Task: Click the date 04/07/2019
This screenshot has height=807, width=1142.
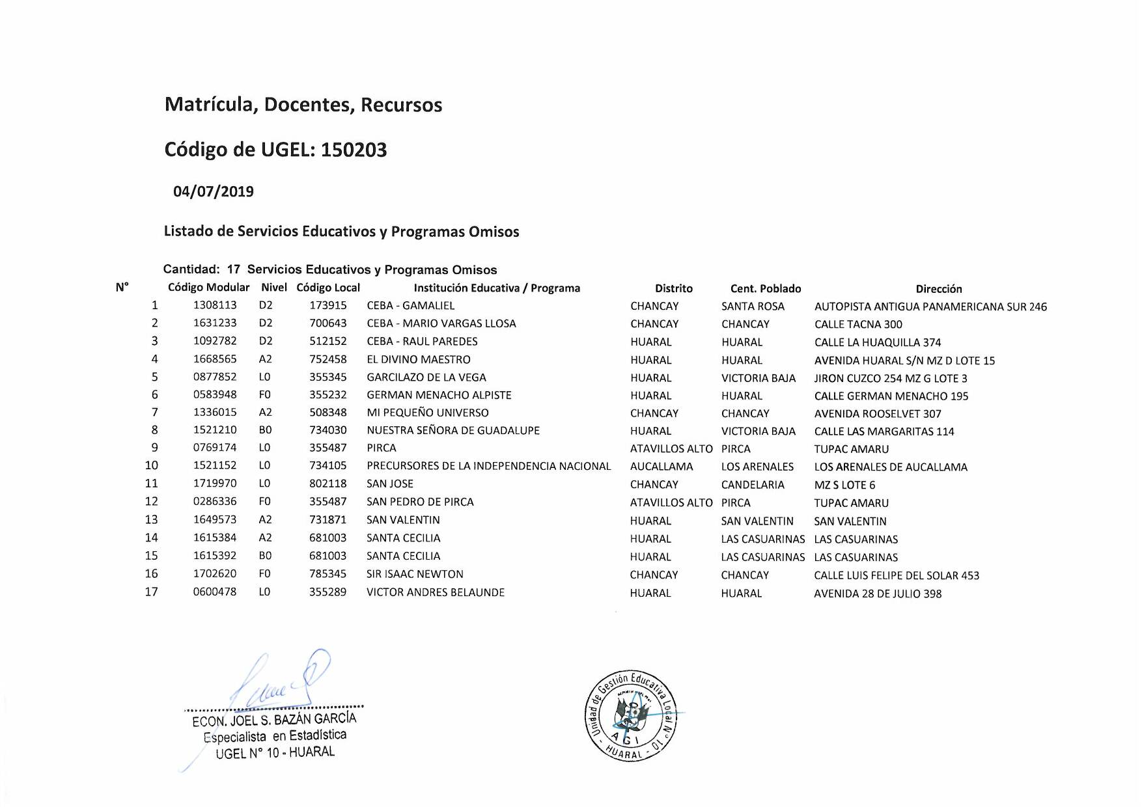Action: tap(213, 191)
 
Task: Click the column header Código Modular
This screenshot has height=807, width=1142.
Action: tap(208, 287)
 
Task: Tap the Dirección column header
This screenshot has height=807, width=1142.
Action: tap(938, 288)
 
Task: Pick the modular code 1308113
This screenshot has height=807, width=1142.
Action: tap(215, 305)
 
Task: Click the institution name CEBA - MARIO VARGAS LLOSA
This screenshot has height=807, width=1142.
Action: tap(441, 323)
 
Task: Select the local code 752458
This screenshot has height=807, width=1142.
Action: tap(327, 359)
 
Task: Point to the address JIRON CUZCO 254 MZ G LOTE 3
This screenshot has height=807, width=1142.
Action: tap(890, 378)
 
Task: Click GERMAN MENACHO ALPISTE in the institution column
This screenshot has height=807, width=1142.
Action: tap(439, 395)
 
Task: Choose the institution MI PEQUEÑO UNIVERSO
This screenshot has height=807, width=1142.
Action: tap(427, 413)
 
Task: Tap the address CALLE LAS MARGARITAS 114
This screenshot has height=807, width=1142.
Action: tap(884, 431)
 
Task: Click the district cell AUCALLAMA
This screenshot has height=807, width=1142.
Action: tap(662, 467)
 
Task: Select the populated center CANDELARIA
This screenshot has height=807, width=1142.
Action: tap(753, 485)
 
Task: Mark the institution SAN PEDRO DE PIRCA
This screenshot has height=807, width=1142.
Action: tap(420, 502)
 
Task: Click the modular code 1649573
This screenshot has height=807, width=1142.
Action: tap(215, 519)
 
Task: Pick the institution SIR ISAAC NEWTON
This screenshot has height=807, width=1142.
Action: tap(415, 574)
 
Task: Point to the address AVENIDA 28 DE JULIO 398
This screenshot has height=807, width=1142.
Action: tap(877, 594)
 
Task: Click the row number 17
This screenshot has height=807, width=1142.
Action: tap(151, 592)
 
